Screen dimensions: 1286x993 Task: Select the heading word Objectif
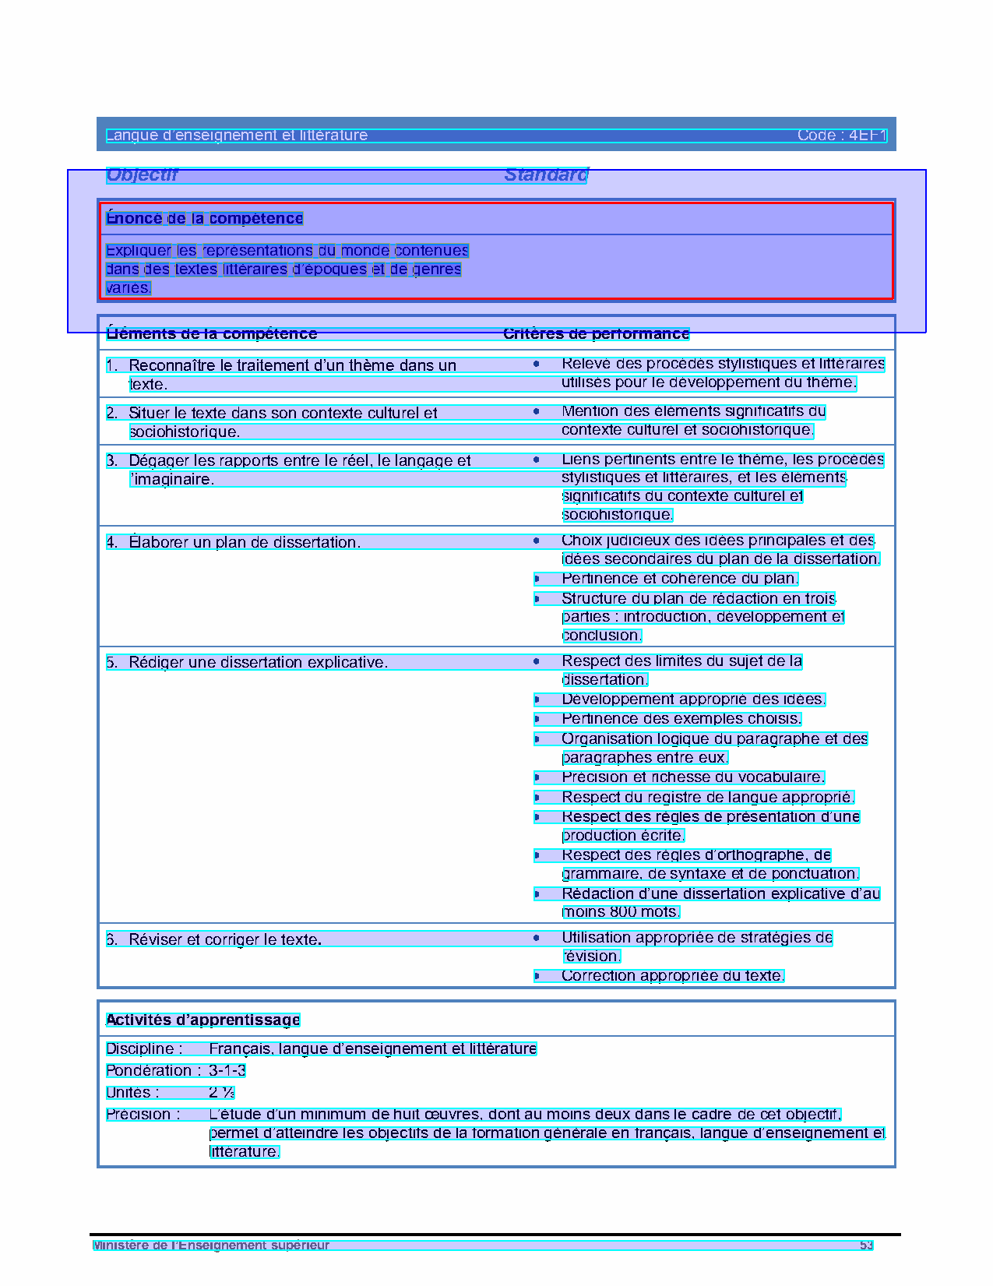pyautogui.click(x=142, y=175)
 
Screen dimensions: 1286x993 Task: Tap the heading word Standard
pyautogui.click(x=546, y=175)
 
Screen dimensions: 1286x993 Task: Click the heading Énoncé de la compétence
pyautogui.click(x=205, y=219)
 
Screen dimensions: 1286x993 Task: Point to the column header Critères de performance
pyautogui.click(x=596, y=334)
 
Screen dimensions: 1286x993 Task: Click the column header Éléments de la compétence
pyautogui.click(x=212, y=334)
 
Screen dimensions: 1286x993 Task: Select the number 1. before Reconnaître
pyautogui.click(x=112, y=365)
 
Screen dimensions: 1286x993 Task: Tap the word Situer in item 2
pyautogui.click(x=147, y=413)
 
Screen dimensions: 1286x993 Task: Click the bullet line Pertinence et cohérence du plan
pyautogui.click(x=679, y=579)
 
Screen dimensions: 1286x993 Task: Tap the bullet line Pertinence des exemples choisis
pyautogui.click(x=681, y=719)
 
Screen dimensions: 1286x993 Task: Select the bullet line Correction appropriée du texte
pyautogui.click(x=672, y=976)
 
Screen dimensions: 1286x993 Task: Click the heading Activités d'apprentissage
pyautogui.click(x=202, y=1020)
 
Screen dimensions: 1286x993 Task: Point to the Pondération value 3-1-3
pyautogui.click(x=227, y=1071)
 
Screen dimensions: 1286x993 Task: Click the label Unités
pyautogui.click(x=132, y=1093)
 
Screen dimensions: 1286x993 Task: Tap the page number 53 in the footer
pyautogui.click(x=866, y=1245)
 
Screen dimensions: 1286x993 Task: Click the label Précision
pyautogui.click(x=143, y=1115)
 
